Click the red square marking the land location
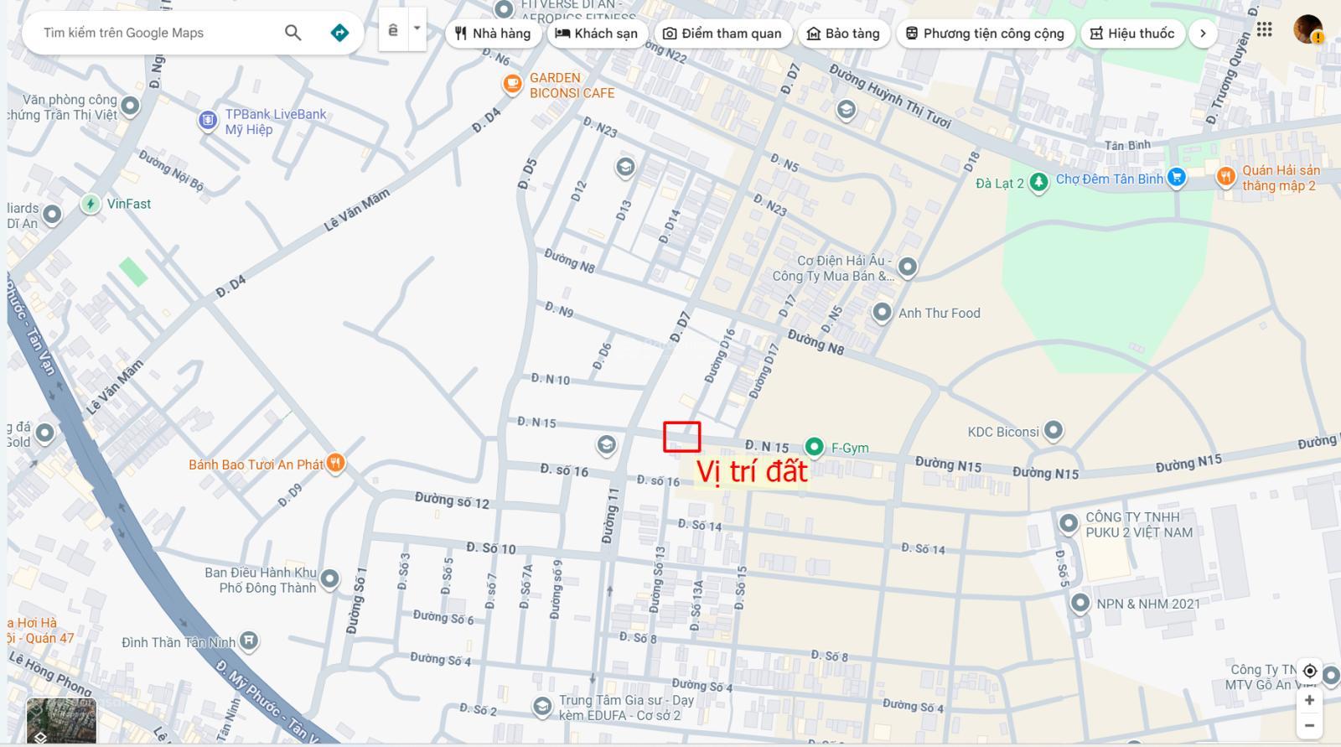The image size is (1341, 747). pos(681,437)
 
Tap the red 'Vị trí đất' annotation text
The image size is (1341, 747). pos(752,471)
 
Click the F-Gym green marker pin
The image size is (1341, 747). pos(814,447)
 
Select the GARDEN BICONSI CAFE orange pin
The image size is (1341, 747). pos(512,84)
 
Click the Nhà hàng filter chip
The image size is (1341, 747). pos(493,34)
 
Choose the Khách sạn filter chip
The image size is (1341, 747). pos(596,34)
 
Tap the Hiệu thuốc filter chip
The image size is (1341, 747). pos(1132,34)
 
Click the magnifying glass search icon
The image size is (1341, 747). pos(293,33)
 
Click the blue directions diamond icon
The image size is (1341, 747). pos(339,33)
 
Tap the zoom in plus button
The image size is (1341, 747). pos(1309,700)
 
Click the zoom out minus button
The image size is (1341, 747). pos(1309,725)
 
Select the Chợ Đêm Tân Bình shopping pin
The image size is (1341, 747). pos(1177,178)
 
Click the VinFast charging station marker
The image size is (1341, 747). pos(91,204)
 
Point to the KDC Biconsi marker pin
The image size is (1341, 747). pos(1054,431)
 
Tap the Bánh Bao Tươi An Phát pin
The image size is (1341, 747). pos(335,464)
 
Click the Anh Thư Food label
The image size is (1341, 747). pos(939,313)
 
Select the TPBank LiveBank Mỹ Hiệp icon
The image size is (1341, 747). pos(208,121)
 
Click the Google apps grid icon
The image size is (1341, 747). pos(1264,30)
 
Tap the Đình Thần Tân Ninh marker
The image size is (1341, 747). pos(248,641)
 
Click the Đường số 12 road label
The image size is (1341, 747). pos(452,501)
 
